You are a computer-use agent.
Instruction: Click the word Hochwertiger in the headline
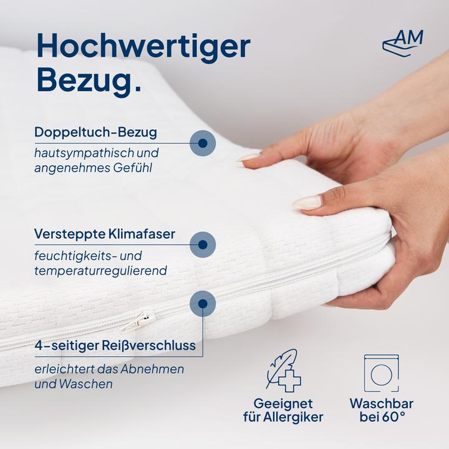tap(143, 47)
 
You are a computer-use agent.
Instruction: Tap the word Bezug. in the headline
tap(88, 80)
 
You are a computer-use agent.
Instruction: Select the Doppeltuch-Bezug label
tap(95, 132)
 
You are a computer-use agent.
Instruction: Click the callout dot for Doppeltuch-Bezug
tap(202, 143)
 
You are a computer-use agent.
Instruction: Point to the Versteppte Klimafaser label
tap(105, 234)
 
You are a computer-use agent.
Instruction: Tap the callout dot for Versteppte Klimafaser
tap(202, 244)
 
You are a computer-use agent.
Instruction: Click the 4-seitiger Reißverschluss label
tap(115, 345)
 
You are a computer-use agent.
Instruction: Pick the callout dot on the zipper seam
tap(202, 304)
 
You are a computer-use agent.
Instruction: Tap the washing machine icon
tap(381, 373)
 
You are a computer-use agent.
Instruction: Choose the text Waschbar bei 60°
tap(381, 410)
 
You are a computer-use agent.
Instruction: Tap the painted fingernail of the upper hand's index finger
tap(248, 158)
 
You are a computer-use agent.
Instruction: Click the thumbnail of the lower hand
tap(307, 202)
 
